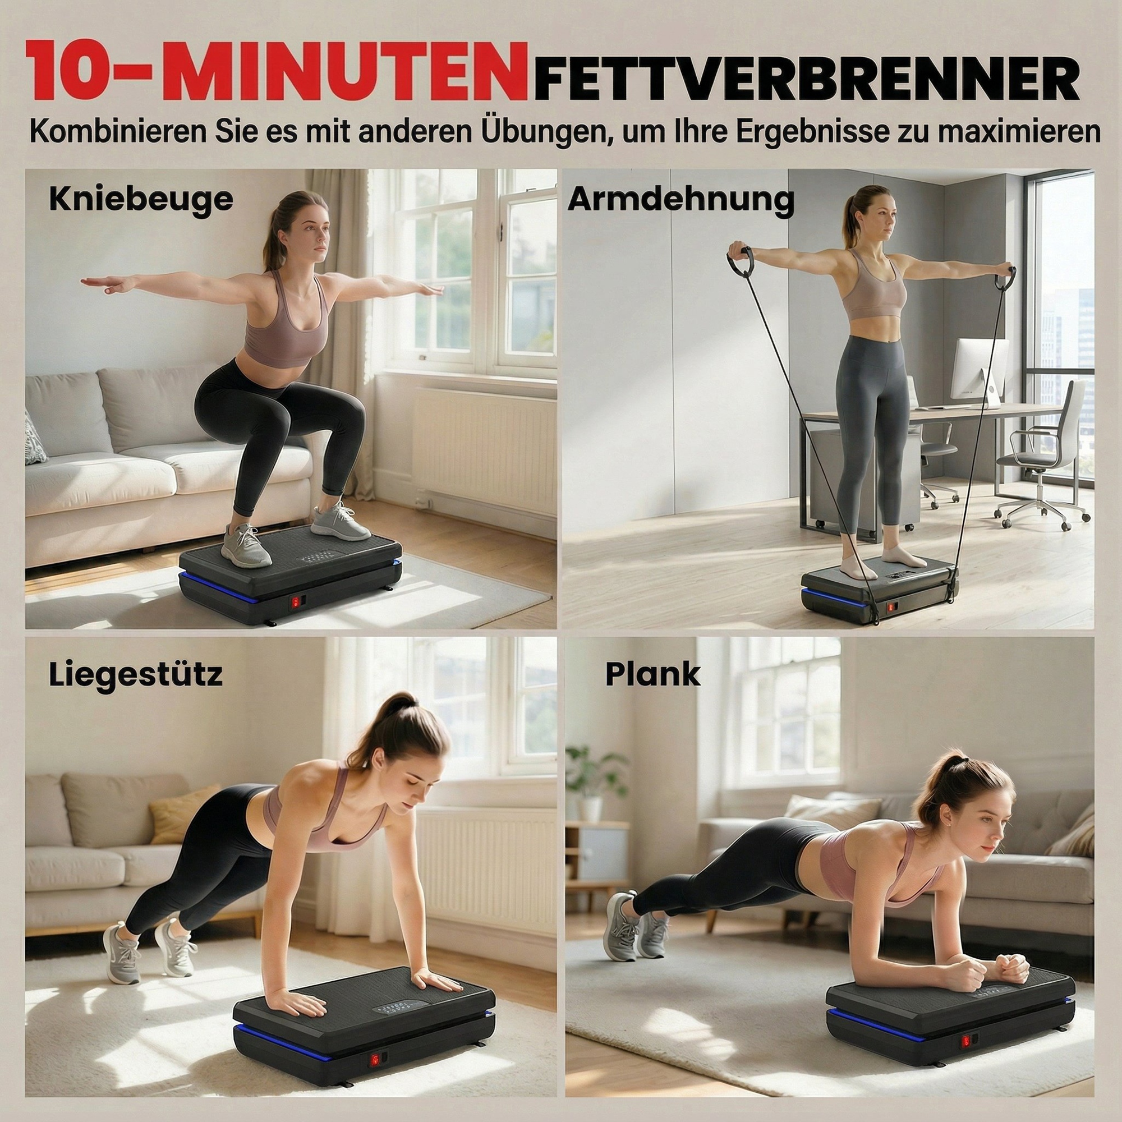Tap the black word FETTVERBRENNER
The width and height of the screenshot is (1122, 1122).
coord(807,78)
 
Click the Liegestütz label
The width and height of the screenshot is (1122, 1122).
coord(136,675)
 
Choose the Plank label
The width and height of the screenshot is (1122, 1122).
coord(653,674)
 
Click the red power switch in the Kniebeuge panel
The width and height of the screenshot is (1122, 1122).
coord(296,602)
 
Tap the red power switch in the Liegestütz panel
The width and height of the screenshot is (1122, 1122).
coord(375,1043)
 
